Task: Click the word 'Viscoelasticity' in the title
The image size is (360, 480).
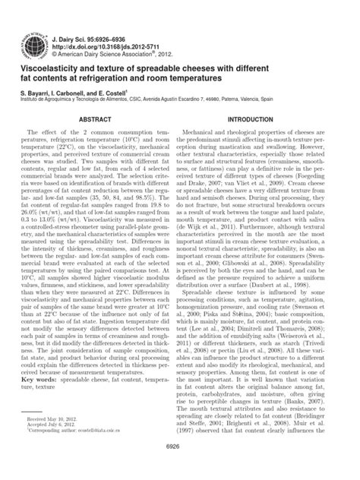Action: [46, 68]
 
